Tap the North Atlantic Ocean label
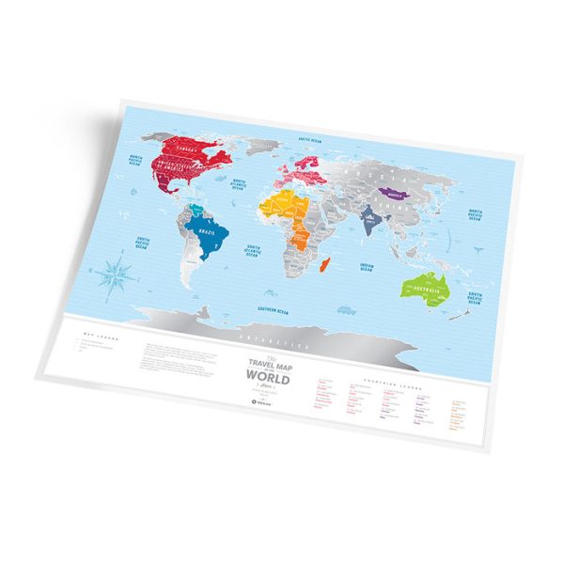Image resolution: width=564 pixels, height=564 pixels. tap(241, 182)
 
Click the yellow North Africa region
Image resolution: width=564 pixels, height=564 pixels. tap(282, 205)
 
